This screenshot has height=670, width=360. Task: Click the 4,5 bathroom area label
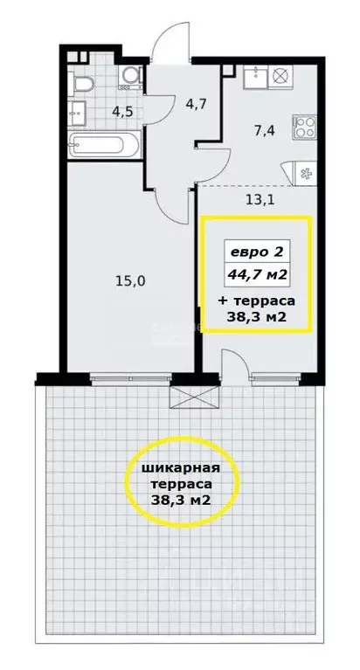coord(97,110)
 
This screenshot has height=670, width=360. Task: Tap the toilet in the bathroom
coord(83,83)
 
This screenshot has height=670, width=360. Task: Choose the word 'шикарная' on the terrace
coord(179,468)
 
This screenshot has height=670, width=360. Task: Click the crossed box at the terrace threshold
coord(193,398)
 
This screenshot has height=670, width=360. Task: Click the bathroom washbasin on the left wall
coord(75,111)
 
